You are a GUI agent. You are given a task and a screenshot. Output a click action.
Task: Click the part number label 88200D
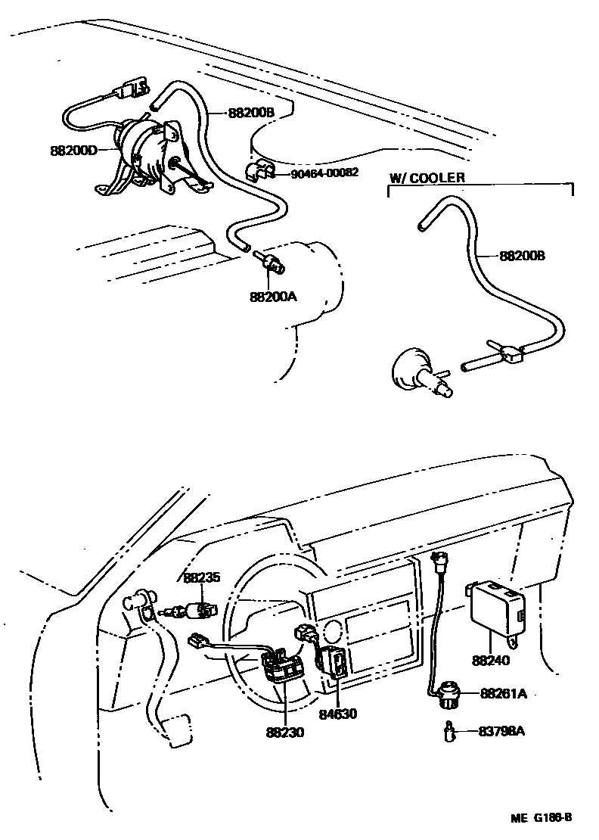coord(73,151)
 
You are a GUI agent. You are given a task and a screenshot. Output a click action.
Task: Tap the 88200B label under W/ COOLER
coord(522,256)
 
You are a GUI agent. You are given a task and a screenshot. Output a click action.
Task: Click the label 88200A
coord(272,297)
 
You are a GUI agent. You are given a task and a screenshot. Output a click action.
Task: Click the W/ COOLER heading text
coord(427,179)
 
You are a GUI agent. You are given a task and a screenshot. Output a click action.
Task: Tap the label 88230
coord(285,733)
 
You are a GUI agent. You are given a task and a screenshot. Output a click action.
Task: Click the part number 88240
coord(491,660)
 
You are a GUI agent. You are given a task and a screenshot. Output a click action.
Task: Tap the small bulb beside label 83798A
coord(449,732)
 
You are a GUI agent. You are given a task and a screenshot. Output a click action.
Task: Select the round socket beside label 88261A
coord(448,694)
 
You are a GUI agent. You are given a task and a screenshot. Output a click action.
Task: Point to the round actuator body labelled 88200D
coord(144,148)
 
